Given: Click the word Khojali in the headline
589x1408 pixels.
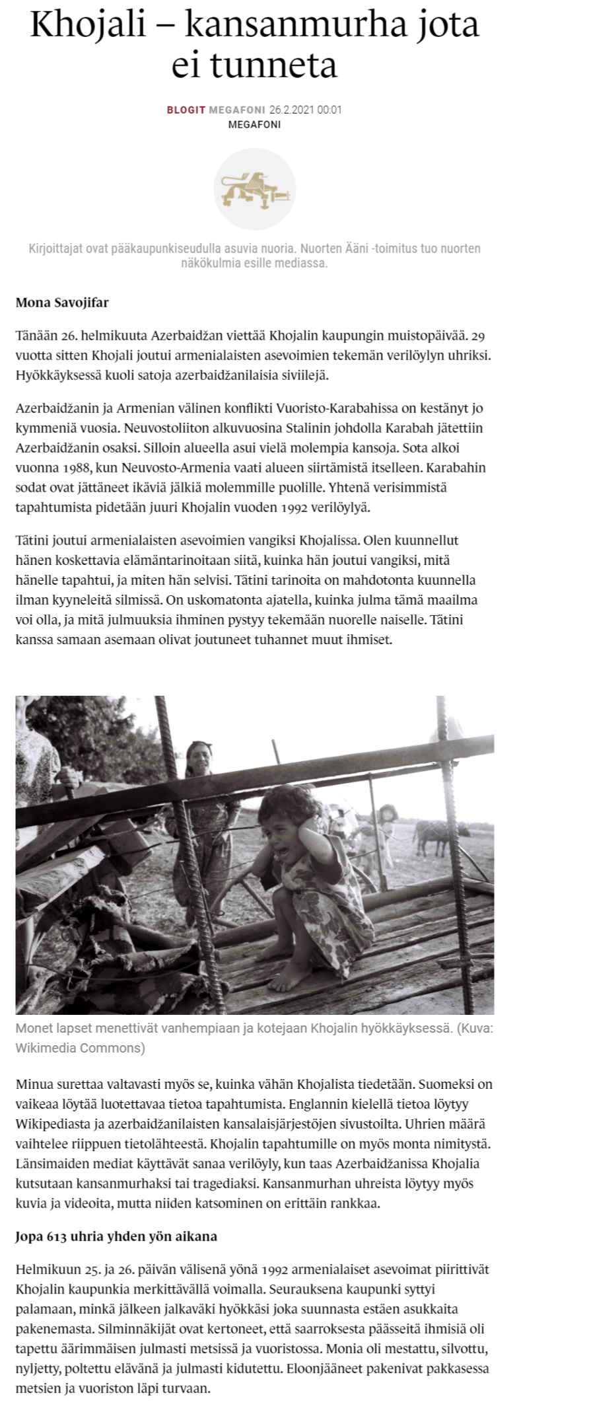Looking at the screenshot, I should [x=98, y=24].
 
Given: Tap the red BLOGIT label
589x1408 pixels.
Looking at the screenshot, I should [x=186, y=110].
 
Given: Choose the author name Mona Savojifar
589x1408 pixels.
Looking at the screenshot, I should [x=62, y=303].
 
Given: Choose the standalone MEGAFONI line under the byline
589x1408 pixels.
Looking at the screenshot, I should [x=254, y=124].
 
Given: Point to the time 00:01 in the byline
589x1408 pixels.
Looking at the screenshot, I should [x=329, y=110].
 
